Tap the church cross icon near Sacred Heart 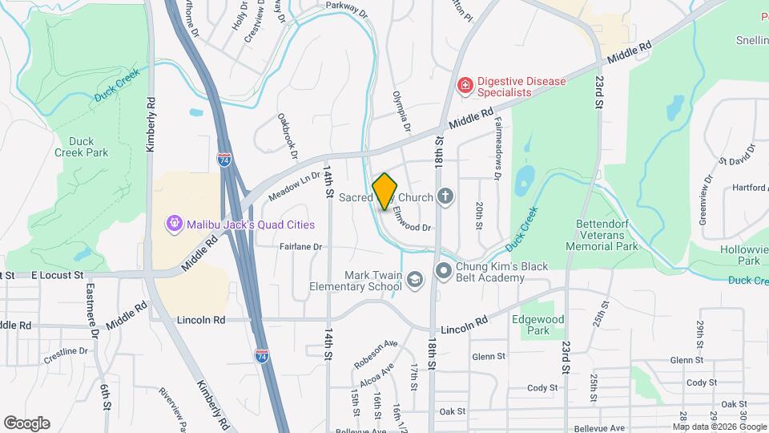click(445, 196)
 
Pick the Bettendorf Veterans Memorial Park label click(606, 235)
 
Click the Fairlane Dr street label click(300, 247)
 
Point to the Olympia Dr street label click(401, 111)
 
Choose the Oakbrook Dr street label click(288, 136)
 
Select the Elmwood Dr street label click(413, 216)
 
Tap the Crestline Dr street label click(66, 351)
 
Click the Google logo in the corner click(26, 423)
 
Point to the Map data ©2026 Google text click(719, 427)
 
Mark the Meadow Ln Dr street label click(294, 189)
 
